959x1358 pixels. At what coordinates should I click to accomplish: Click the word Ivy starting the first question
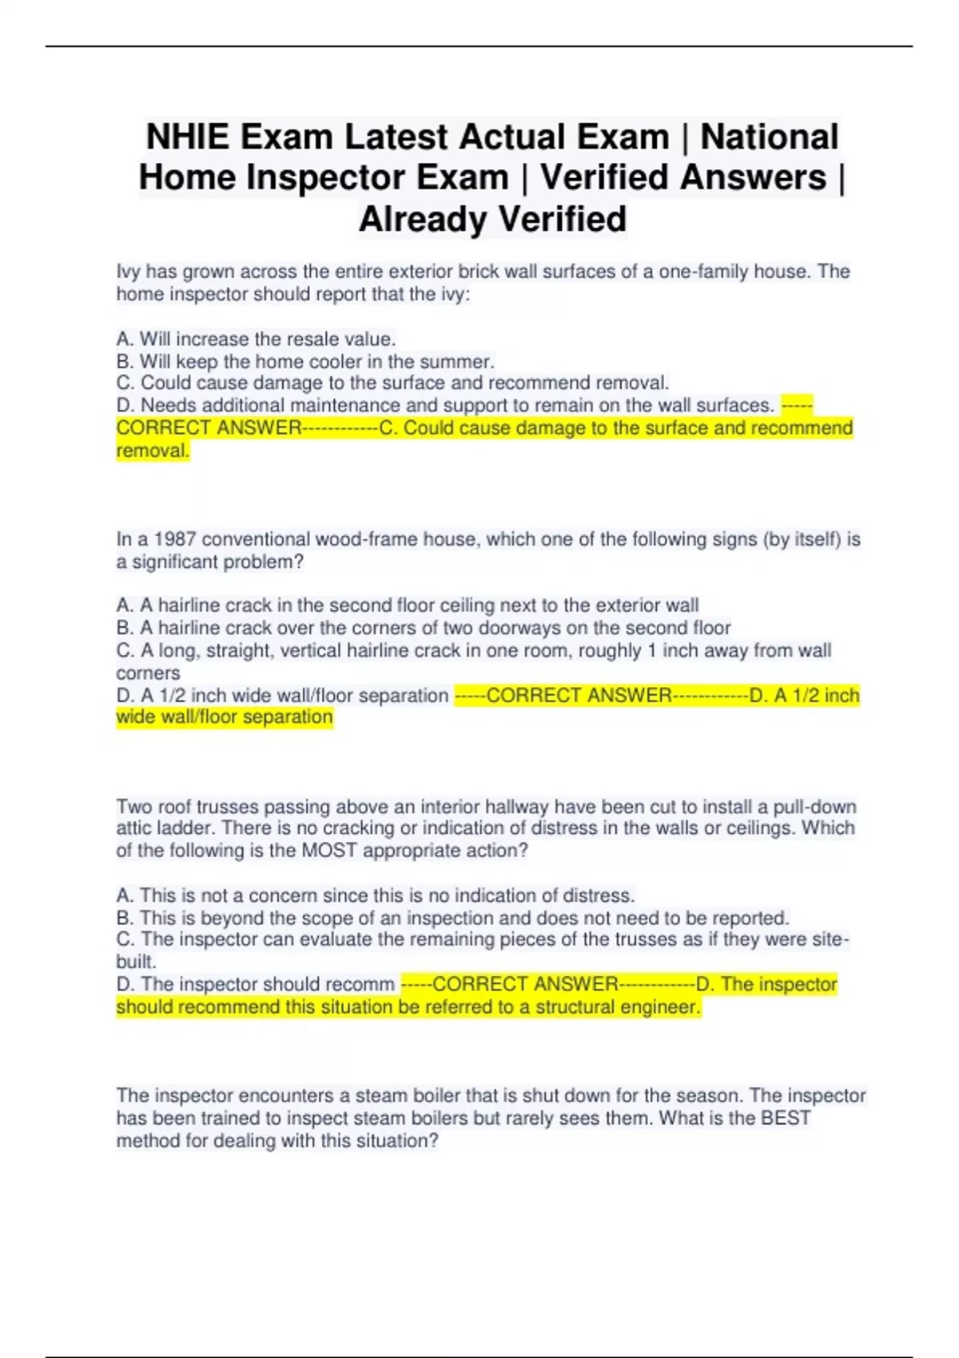pyautogui.click(x=128, y=272)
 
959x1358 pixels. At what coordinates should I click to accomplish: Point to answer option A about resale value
pyautogui.click(x=256, y=339)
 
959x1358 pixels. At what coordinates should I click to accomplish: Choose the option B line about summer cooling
pyautogui.click(x=305, y=361)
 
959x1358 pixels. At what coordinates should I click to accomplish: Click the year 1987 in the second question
pyautogui.click(x=174, y=539)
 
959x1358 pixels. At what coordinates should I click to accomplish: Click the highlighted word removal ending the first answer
pyautogui.click(x=152, y=451)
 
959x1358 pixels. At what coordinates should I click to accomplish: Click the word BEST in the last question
pyautogui.click(x=785, y=1118)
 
